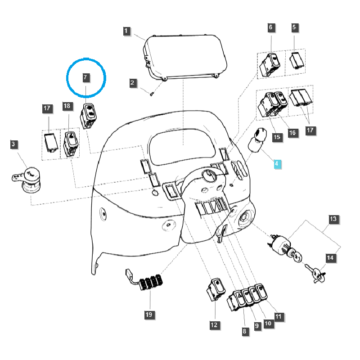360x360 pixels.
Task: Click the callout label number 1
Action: click(127, 31)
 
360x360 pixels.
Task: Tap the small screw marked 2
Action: click(152, 94)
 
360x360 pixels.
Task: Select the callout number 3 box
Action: click(13, 144)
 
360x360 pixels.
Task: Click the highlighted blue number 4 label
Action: click(277, 163)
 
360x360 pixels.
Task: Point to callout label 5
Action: click(294, 27)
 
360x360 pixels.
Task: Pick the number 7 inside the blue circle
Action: click(85, 77)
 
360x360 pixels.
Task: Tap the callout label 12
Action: click(214, 324)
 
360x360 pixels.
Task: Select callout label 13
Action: click(333, 219)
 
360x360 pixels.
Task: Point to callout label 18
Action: click(67, 106)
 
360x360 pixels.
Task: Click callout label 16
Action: click(292, 133)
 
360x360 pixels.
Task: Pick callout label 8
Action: click(244, 332)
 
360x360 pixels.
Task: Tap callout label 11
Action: click(279, 317)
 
